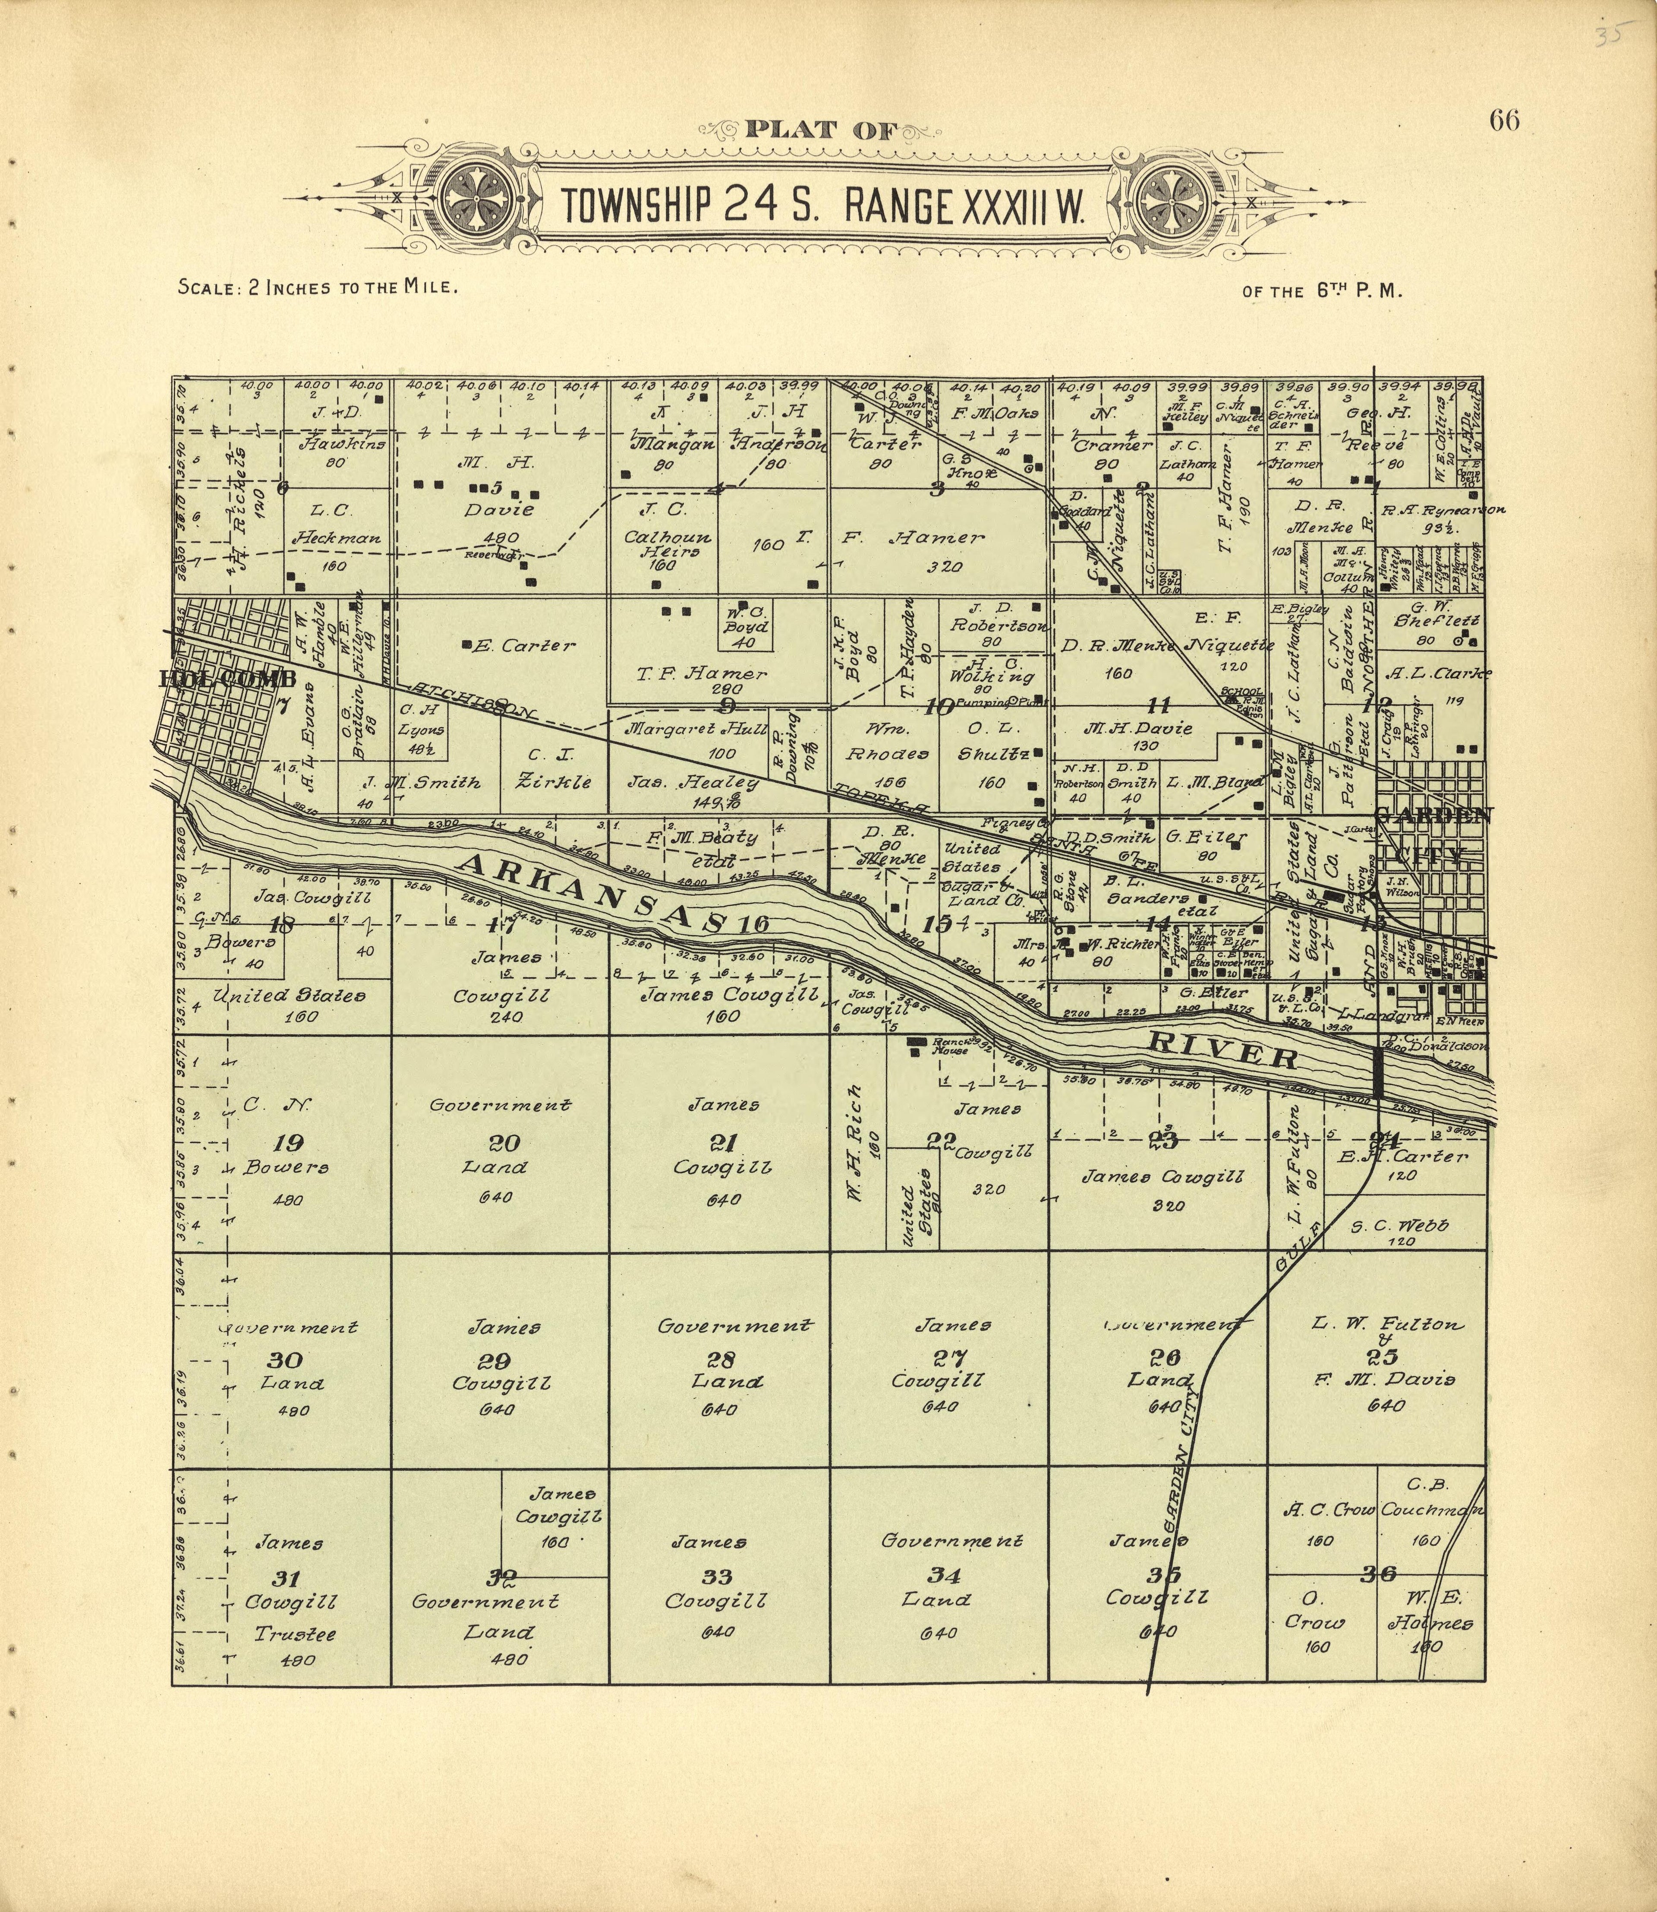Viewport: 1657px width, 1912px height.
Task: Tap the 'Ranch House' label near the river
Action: (x=950, y=1046)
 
